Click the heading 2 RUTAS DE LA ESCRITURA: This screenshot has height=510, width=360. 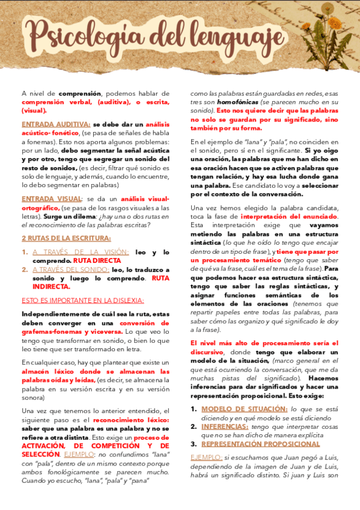click(x=59, y=238)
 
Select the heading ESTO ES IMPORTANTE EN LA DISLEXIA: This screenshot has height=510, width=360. click(x=83, y=301)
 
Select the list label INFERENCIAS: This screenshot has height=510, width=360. click(x=225, y=426)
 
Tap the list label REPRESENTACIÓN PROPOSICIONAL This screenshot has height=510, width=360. click(x=260, y=444)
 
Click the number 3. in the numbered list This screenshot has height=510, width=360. click(x=194, y=444)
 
